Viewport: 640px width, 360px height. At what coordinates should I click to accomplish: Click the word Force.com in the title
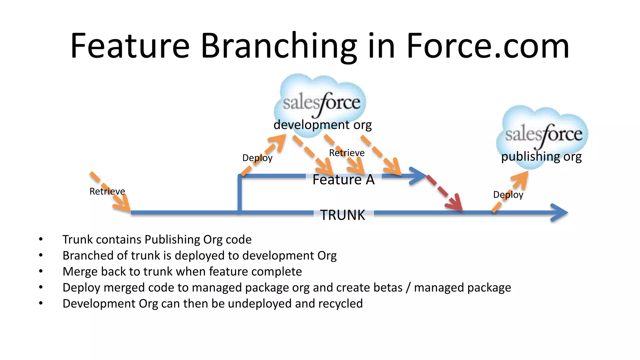coord(487,46)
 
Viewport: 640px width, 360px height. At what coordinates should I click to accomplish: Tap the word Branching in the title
coord(279,46)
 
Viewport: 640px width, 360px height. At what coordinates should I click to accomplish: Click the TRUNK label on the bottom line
coord(342,215)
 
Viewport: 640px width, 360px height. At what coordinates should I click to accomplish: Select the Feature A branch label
coord(343,179)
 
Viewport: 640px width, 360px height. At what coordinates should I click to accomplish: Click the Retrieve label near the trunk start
coord(107,191)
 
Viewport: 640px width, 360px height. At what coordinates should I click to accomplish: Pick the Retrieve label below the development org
coord(347,153)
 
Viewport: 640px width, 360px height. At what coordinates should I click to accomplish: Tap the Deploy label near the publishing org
coord(508,195)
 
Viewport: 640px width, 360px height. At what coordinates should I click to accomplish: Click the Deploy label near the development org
coord(257,158)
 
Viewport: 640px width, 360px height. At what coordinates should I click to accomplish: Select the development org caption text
coord(322,125)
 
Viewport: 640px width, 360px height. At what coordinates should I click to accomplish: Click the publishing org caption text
coord(541,156)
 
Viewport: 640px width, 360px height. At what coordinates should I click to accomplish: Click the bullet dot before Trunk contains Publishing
coord(41,239)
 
